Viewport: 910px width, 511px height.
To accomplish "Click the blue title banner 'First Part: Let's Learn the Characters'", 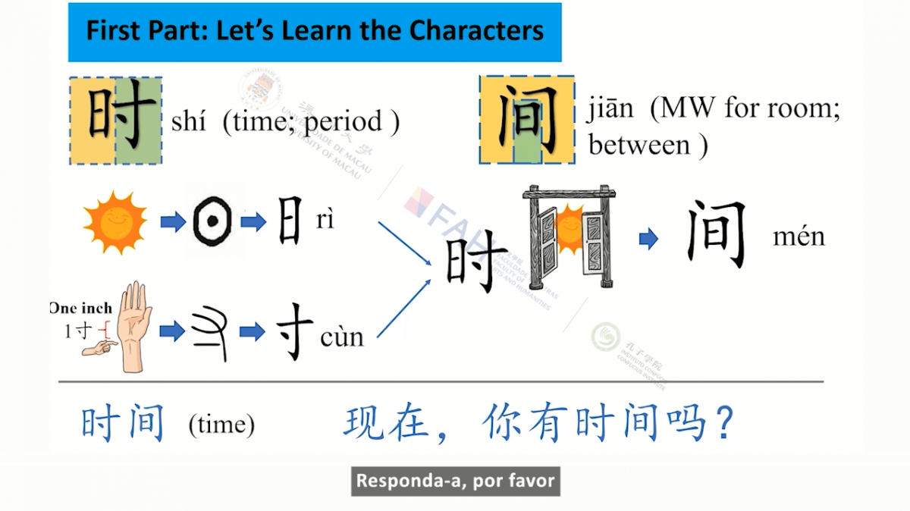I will pyautogui.click(x=315, y=32).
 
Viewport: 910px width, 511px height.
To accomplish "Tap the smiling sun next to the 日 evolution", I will pyautogui.click(x=115, y=222).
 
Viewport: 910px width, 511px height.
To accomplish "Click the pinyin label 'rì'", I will pyautogui.click(x=325, y=221).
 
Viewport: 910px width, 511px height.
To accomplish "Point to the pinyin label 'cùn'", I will pyautogui.click(x=342, y=335).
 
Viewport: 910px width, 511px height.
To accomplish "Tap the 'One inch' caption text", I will pyautogui.click(x=80, y=308).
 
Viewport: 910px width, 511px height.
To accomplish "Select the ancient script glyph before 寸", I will pyautogui.click(x=211, y=332).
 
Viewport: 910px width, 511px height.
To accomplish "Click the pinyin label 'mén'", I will pyautogui.click(x=799, y=237).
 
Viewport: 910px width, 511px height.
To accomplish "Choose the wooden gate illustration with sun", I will pyautogui.click(x=568, y=236).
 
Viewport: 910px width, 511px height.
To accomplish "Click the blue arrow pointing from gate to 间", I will pyautogui.click(x=648, y=240).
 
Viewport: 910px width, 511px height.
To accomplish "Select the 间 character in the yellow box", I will pyautogui.click(x=526, y=120).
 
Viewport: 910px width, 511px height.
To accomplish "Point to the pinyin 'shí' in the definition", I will pyautogui.click(x=188, y=121).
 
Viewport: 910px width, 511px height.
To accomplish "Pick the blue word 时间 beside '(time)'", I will pyautogui.click(x=123, y=424).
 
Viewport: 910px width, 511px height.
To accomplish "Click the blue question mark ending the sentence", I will pyautogui.click(x=723, y=424).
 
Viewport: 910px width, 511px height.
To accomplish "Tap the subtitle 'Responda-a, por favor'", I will pyautogui.click(x=455, y=481).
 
